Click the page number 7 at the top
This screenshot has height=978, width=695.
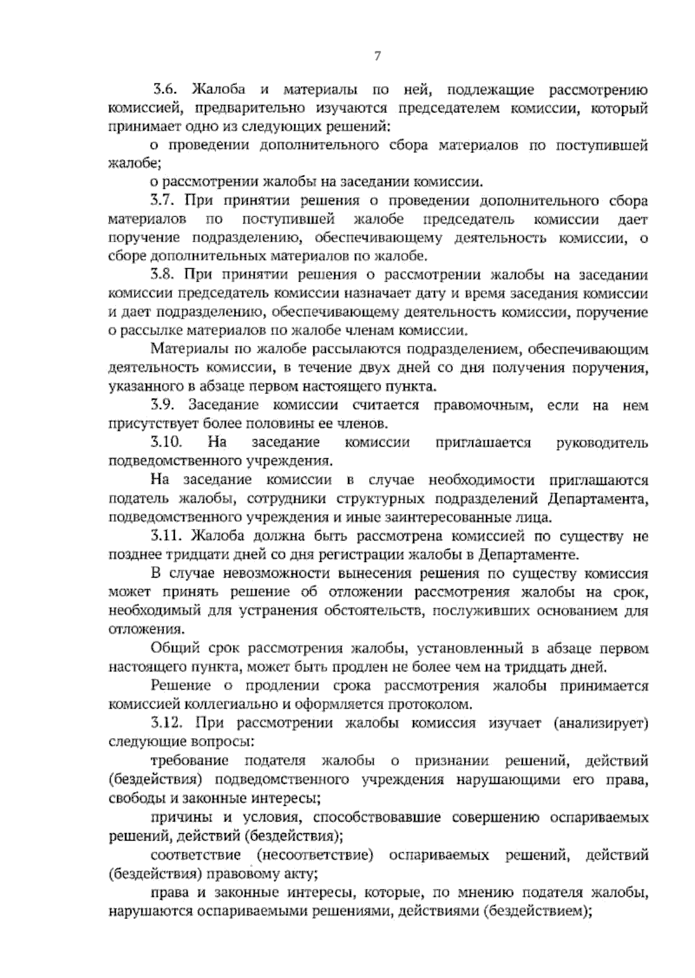pos(377,56)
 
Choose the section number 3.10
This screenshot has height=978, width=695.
pos(166,443)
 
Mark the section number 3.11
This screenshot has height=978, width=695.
pos(166,536)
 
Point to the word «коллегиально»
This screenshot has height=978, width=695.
pos(227,705)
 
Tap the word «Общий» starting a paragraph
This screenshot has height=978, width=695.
pos(170,649)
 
